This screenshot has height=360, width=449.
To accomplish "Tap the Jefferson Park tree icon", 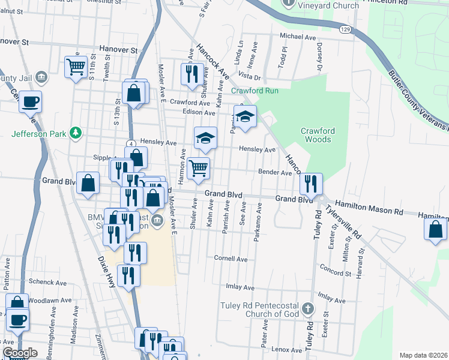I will click(76, 133).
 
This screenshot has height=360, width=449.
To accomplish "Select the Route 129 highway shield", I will click(343, 29).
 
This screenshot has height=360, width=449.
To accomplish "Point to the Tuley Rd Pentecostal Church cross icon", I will click(307, 309).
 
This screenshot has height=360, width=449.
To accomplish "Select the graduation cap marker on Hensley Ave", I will click(205, 138).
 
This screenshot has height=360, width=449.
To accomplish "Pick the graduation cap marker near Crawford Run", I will click(245, 116).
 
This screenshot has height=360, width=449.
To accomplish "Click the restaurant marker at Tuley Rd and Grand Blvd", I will click(311, 184).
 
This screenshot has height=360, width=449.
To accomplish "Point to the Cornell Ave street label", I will click(231, 259).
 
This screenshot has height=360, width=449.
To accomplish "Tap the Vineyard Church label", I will click(329, 5).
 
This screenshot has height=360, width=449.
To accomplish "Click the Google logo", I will click(20, 353).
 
